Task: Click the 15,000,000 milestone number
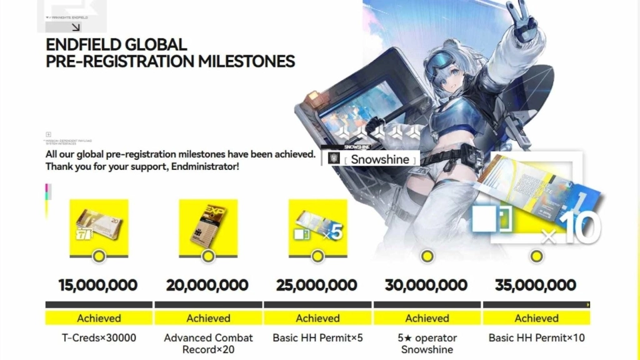(x=98, y=286)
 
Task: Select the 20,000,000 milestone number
(x=207, y=286)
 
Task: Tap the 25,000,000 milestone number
(x=317, y=286)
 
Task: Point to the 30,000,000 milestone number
(x=426, y=286)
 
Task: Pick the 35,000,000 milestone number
(x=536, y=286)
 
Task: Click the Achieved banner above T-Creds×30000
(x=99, y=318)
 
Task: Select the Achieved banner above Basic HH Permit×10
(x=536, y=318)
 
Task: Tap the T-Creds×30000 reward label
(x=99, y=338)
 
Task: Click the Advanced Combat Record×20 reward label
(x=208, y=343)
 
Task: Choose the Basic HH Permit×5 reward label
(x=317, y=338)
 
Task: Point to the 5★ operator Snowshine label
(x=427, y=343)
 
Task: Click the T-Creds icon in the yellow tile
(x=99, y=224)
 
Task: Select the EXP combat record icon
(x=208, y=224)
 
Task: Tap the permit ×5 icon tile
(x=317, y=224)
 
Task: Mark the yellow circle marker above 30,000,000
(x=427, y=256)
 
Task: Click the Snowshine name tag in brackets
(x=379, y=159)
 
